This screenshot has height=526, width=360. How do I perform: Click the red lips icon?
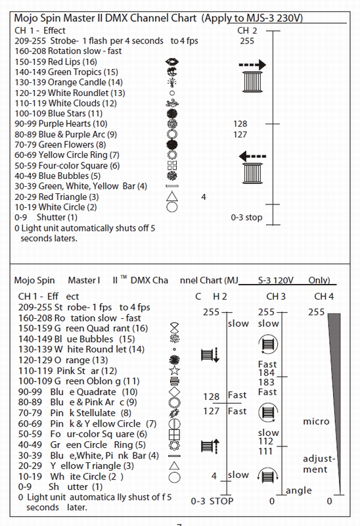[x=172, y=62]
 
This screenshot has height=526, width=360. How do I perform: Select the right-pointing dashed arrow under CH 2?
[x=252, y=64]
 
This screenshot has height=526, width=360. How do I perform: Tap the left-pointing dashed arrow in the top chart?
[x=252, y=156]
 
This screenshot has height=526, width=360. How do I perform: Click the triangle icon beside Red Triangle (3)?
[x=172, y=196]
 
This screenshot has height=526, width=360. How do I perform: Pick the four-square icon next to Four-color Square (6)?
[x=172, y=166]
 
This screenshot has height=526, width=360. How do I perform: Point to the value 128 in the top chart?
[x=240, y=124]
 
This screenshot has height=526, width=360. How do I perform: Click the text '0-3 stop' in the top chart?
[x=246, y=218]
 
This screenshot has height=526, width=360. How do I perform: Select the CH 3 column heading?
[x=276, y=297]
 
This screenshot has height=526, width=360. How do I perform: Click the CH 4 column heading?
[x=324, y=297]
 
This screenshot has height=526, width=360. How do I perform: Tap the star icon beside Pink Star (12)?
[x=174, y=370]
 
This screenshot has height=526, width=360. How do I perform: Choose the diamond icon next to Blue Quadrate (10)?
[x=174, y=391]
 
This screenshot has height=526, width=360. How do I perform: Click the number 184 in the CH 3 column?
[x=267, y=373]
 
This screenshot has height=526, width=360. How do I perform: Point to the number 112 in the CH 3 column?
[x=266, y=441]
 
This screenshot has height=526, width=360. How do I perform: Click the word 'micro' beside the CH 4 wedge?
[x=316, y=421]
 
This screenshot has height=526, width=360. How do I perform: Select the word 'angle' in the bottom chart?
[x=299, y=490]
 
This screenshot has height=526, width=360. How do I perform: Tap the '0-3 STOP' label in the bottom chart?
[x=212, y=501]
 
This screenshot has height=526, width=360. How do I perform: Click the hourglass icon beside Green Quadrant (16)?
[x=174, y=327]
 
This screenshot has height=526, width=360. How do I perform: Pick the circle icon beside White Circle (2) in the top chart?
[x=172, y=206]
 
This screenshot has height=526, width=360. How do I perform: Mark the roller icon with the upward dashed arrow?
[x=210, y=446]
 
